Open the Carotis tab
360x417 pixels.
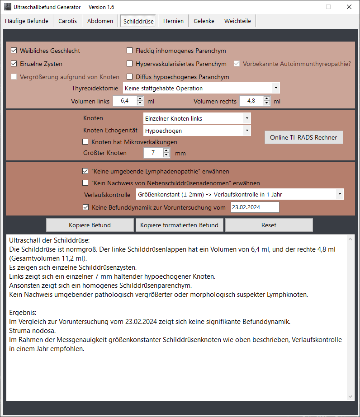click(67, 21)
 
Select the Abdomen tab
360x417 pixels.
click(100, 21)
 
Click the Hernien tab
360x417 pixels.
click(174, 21)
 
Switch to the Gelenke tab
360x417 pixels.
click(204, 21)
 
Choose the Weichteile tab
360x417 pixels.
click(237, 21)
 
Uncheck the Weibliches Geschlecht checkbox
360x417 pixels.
click(14, 51)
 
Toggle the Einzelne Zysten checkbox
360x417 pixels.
click(14, 64)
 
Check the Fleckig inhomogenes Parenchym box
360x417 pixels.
click(130, 51)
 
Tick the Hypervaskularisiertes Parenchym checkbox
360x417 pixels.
click(130, 64)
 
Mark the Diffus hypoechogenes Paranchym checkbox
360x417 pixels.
click(130, 77)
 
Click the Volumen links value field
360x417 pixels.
click(124, 101)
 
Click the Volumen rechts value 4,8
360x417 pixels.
click(251, 101)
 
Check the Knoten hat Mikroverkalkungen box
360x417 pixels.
click(85, 142)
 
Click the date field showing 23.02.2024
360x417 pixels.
click(254, 207)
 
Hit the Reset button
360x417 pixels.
click(269, 225)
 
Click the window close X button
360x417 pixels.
click(349, 7)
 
